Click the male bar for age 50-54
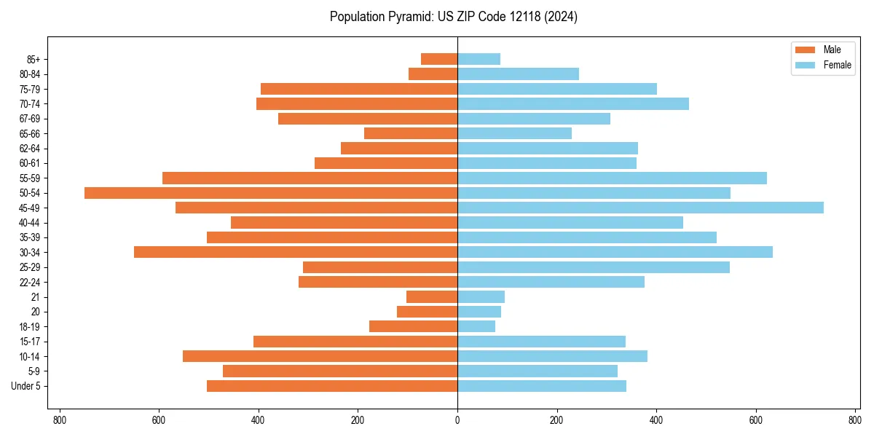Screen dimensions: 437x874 (271, 193)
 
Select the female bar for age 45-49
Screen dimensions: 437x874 (640, 208)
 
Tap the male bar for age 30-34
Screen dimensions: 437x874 (296, 252)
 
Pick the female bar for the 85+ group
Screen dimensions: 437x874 (479, 59)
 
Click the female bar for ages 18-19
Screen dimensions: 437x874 (476, 326)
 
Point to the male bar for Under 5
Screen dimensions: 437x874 (332, 386)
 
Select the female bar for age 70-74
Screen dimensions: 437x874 (573, 103)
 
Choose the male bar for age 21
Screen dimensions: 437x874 (432, 296)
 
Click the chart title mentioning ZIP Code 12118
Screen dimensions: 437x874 (454, 17)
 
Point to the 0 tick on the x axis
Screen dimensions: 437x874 (457, 420)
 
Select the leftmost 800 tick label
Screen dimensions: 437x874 (60, 420)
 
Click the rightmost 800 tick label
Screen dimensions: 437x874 (855, 420)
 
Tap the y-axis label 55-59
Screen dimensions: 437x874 (30, 178)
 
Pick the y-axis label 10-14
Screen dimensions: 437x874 (30, 356)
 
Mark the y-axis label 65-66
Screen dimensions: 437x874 (30, 133)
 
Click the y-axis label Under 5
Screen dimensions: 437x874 (25, 386)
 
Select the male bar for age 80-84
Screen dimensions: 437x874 (433, 74)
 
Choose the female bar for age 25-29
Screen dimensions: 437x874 (594, 267)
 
